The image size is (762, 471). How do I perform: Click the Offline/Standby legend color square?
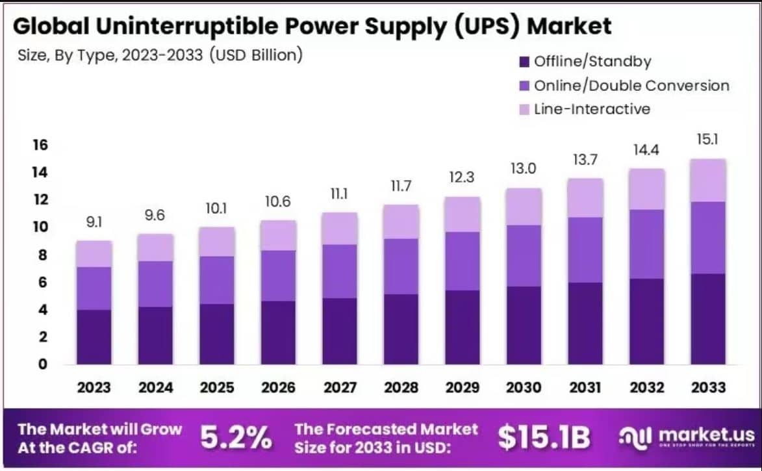524,62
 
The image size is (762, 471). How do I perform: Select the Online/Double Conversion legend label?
631,86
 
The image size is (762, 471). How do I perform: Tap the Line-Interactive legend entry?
591,109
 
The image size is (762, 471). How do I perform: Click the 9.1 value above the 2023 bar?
94,223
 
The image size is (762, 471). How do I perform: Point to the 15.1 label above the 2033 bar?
708,140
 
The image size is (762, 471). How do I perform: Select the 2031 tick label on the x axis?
585,388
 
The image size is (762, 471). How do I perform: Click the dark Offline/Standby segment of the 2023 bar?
94,337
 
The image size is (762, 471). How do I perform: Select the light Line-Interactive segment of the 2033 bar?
708,180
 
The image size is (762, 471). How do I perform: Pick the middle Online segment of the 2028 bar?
401,266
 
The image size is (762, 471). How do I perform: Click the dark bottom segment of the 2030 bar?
524,325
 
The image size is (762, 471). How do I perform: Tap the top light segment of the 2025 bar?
217,242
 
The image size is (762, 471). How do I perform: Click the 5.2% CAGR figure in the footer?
235,439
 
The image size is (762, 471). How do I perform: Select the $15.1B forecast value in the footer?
544,439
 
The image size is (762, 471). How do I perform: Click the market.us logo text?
705,435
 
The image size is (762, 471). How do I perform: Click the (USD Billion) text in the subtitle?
256,55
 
